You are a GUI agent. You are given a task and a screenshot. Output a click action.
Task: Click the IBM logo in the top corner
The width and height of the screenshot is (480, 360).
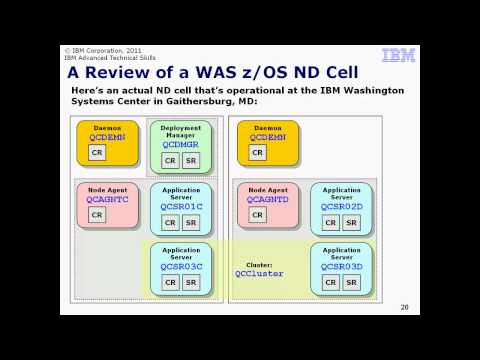[399, 56]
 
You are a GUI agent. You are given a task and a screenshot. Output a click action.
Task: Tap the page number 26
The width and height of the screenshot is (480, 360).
[404, 307]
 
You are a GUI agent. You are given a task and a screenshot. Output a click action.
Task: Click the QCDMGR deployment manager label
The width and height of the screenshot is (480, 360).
[180, 144]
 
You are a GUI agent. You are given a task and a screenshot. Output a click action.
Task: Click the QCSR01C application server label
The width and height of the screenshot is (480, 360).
[181, 207]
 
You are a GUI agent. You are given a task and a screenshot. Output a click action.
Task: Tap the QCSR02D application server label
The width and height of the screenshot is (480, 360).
[341, 207]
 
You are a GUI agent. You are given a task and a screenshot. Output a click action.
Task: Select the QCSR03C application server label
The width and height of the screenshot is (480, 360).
[181, 267]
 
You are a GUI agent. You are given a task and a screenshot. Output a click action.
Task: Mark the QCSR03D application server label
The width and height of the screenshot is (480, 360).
[341, 267]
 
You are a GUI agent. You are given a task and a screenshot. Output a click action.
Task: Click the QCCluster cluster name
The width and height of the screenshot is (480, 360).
[259, 273]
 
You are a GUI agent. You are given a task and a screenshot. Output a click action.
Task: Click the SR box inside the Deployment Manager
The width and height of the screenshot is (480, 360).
[191, 160]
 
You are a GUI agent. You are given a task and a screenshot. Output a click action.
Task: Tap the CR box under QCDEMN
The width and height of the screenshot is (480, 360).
[97, 152]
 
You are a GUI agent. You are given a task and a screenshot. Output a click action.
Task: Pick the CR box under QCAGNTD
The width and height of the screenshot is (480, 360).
[257, 214]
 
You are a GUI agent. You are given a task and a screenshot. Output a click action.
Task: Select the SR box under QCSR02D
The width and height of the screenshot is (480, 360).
[351, 222]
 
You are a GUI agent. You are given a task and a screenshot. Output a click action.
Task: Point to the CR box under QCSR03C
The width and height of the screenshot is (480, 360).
[170, 282]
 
